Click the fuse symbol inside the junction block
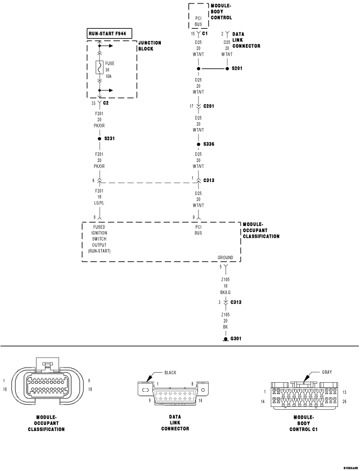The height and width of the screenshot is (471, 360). (100, 67)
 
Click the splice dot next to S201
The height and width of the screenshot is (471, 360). (199, 69)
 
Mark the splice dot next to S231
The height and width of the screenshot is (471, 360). (100, 138)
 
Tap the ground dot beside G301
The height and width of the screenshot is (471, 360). (225, 339)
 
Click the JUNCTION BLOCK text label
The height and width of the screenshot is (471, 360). (150, 46)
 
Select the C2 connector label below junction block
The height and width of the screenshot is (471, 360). (106, 103)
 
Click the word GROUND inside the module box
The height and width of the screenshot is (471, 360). (226, 257)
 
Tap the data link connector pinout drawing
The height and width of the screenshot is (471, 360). (173, 392)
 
